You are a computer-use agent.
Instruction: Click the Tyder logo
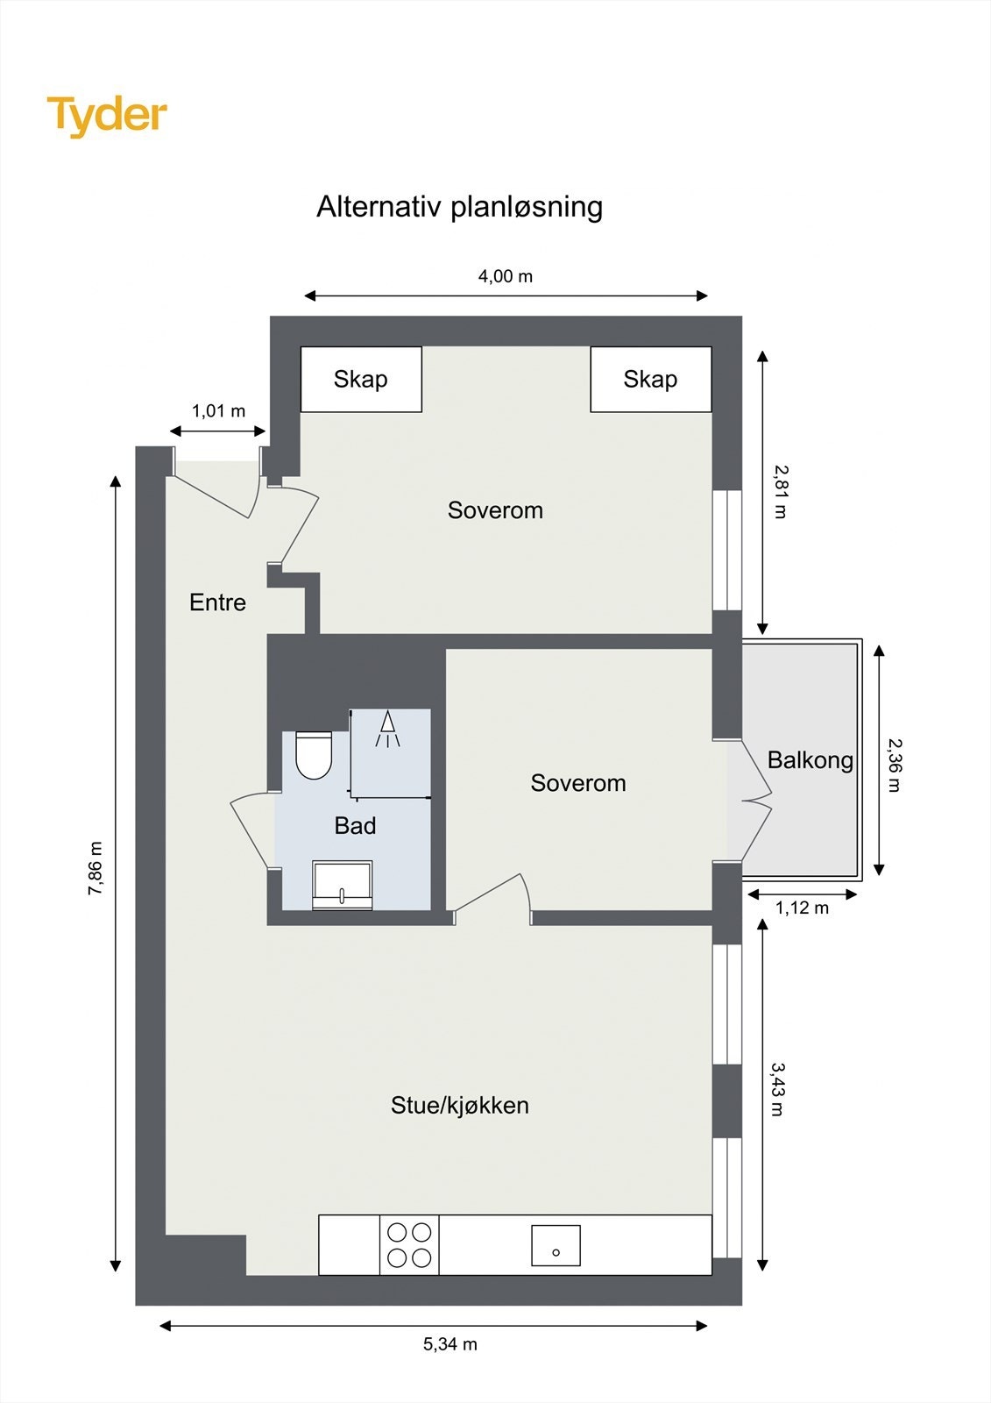click(107, 116)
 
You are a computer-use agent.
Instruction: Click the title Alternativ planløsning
click(459, 207)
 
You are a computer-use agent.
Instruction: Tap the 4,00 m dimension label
click(505, 276)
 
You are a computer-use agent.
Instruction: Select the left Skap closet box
click(361, 379)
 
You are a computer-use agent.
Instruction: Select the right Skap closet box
click(650, 379)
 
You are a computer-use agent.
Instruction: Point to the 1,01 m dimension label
click(218, 410)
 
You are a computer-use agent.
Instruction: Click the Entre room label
click(217, 602)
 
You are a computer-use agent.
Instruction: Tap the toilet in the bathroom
click(314, 755)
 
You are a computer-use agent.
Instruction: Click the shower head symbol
click(387, 729)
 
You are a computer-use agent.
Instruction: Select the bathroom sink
click(342, 886)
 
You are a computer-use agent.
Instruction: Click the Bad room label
click(355, 825)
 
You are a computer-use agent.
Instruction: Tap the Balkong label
click(810, 759)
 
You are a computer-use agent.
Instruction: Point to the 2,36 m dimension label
click(895, 765)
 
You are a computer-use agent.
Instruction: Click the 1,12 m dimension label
click(802, 908)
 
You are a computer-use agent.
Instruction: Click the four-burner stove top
click(409, 1244)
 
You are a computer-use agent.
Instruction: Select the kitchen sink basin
click(556, 1245)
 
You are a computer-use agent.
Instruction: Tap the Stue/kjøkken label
click(459, 1105)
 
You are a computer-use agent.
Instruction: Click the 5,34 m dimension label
click(449, 1344)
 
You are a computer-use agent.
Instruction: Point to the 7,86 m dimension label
click(96, 868)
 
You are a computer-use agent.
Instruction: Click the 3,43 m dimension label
click(777, 1089)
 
